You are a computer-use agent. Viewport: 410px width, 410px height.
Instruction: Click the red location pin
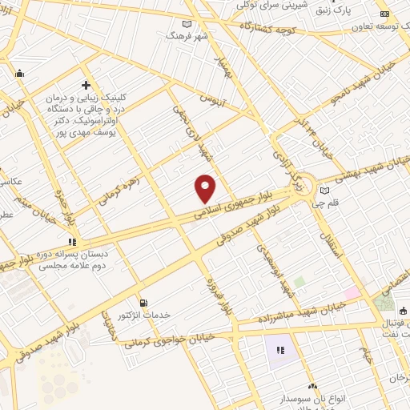(206, 188)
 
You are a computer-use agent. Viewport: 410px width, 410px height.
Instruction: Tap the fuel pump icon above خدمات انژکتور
(143, 303)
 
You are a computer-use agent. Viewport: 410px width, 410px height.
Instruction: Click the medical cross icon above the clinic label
(86, 85)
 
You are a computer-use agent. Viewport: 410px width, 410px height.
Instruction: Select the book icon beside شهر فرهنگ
(187, 24)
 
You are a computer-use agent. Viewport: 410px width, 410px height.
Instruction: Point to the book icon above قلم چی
(324, 191)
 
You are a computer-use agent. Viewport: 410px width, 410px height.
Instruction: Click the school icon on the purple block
(280, 350)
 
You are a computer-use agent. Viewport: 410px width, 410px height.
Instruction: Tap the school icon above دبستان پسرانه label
(72, 241)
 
